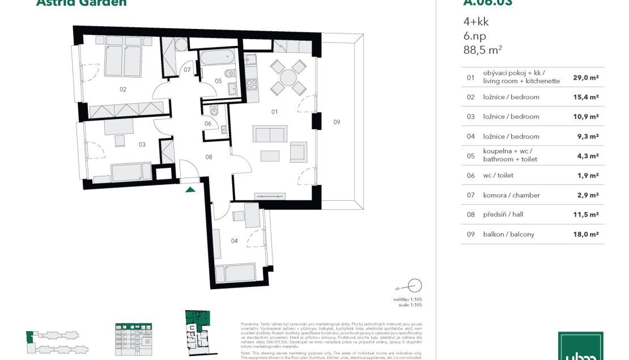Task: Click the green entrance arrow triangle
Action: [x=190, y=189]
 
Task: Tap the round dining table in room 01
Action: [x=288, y=77]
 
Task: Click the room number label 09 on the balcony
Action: [x=337, y=122]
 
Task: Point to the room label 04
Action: [x=235, y=241]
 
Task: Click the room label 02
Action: [x=122, y=89]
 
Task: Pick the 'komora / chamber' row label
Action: [x=511, y=195]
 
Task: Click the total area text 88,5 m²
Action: [x=483, y=50]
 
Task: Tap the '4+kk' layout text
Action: [x=476, y=22]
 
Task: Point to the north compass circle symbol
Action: [x=415, y=285]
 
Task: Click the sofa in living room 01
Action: [x=270, y=134]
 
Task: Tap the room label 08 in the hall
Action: [x=209, y=157]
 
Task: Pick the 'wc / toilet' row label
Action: [x=498, y=176]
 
